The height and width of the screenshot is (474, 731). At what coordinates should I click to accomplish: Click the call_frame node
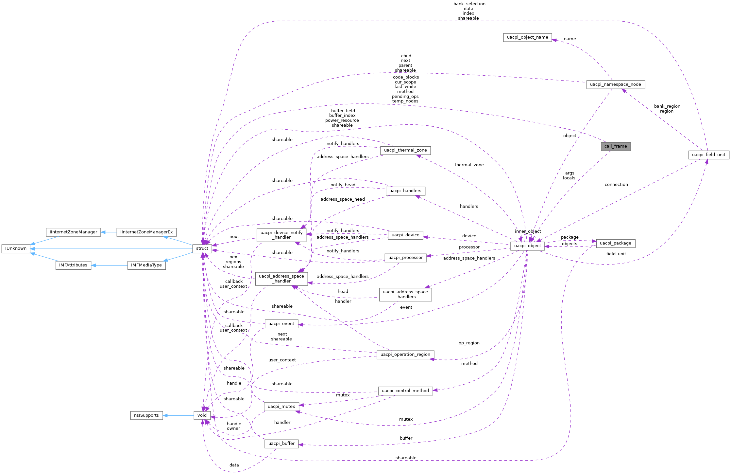coord(616,146)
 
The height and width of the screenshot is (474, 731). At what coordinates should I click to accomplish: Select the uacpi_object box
coord(527,246)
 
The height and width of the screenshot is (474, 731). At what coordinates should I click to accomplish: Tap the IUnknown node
coord(16,248)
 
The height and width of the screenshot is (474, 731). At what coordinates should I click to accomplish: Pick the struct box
coord(202,248)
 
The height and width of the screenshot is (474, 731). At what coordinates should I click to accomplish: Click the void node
coord(202,415)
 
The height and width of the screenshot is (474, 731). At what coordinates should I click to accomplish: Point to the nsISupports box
coord(146,415)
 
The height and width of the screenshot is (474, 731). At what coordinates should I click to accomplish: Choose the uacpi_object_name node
coord(527,37)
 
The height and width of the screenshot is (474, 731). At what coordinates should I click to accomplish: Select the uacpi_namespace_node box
coord(616,84)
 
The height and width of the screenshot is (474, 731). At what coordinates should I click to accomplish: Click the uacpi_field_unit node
coord(708,155)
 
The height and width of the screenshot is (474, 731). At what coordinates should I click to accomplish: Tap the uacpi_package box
coord(616,243)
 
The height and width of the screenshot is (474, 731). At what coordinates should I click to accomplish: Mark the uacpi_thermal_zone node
coord(405,150)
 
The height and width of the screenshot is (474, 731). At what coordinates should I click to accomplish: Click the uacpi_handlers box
coord(405,191)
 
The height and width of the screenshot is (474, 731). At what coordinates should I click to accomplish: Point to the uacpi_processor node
coord(405,258)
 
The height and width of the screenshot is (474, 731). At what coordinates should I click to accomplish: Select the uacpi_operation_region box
coord(405,355)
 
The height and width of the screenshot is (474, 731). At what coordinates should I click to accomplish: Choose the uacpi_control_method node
coord(405,391)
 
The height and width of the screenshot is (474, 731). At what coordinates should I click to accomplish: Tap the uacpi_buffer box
coord(281,444)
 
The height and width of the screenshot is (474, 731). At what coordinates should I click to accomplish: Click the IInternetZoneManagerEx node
coord(146,232)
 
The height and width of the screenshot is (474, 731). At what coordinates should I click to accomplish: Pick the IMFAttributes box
coord(73,265)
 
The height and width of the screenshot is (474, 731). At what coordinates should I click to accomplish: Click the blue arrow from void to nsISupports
coord(178,415)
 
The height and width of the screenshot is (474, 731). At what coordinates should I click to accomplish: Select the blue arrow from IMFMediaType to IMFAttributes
coord(109,265)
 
